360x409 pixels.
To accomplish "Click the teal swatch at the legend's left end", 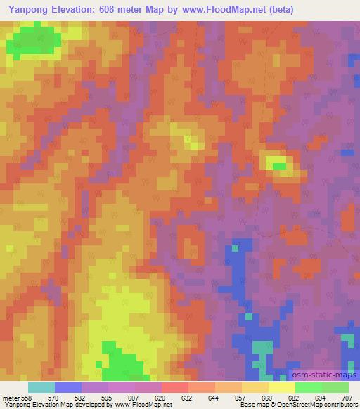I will [41, 387].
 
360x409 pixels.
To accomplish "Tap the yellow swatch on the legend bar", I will [281, 387].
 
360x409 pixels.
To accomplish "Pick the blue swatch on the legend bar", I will [68, 387].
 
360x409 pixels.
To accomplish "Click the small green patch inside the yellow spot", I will [279, 167].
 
